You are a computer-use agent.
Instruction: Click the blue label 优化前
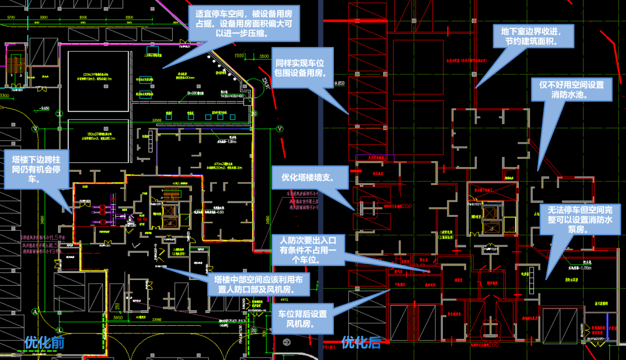[x=44, y=342]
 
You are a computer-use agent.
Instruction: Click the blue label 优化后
[x=361, y=342]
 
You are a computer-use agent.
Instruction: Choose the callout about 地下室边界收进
[x=533, y=36]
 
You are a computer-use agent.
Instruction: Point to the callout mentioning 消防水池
[x=572, y=89]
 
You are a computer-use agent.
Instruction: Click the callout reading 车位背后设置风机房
[x=302, y=319]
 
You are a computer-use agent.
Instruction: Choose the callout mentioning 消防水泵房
[x=580, y=219]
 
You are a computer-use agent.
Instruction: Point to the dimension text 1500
[x=239, y=56]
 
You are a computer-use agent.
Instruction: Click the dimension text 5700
[x=10, y=18]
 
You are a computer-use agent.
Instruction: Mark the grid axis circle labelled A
[x=35, y=311]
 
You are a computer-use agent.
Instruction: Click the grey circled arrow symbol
[x=285, y=343]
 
